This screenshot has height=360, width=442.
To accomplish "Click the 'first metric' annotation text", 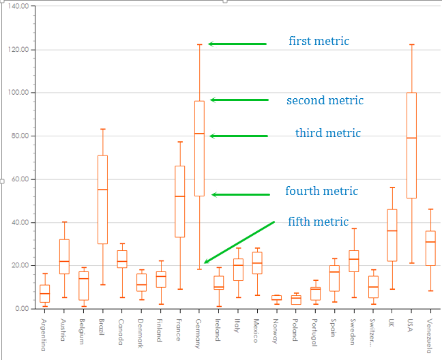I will [319, 42].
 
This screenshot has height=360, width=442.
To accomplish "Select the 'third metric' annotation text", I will [327, 133].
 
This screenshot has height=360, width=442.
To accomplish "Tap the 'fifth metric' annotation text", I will [318, 222].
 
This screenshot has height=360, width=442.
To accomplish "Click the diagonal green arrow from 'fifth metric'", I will [239, 242].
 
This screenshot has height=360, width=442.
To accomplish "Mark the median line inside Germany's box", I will [199, 134].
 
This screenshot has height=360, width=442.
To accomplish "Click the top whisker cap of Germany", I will [199, 44].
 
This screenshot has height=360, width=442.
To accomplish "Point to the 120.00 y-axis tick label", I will [18, 50].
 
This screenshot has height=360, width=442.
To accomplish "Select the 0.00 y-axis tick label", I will [21, 309].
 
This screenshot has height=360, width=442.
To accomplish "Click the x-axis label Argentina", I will [44, 335].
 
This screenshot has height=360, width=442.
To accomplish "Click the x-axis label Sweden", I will [353, 331].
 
